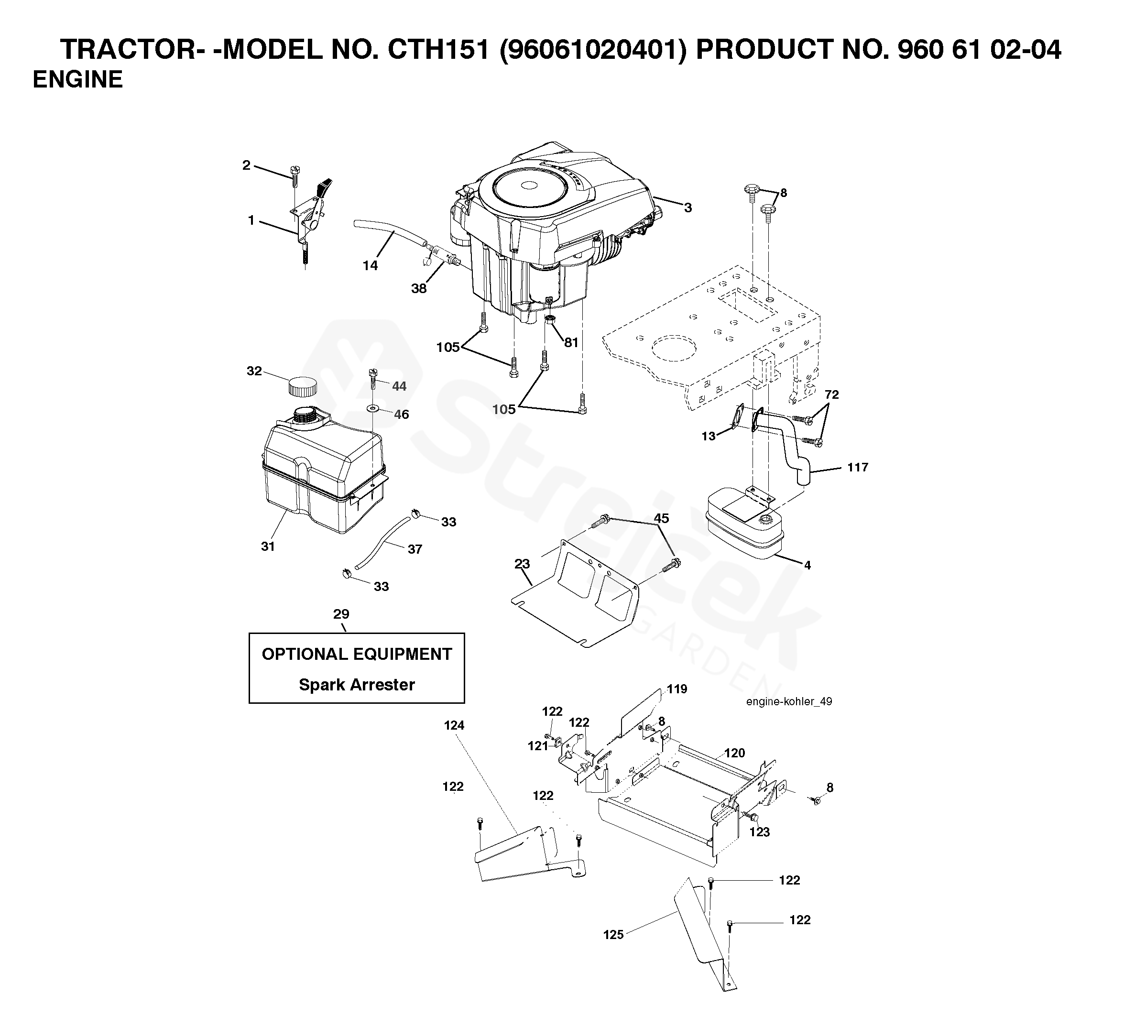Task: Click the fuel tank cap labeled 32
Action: pyautogui.click(x=302, y=386)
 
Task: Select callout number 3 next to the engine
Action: pyautogui.click(x=688, y=208)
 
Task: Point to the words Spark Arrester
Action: pyautogui.click(x=357, y=685)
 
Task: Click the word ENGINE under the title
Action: pyautogui.click(x=77, y=80)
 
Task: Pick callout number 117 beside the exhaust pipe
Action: pyautogui.click(x=858, y=467)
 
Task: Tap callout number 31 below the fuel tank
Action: pyautogui.click(x=268, y=546)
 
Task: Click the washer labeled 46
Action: pyautogui.click(x=372, y=409)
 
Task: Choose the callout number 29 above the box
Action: pyautogui.click(x=341, y=614)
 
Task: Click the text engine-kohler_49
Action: pyautogui.click(x=789, y=701)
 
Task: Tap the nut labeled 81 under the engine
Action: pyautogui.click(x=550, y=319)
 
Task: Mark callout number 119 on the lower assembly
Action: pyautogui.click(x=677, y=689)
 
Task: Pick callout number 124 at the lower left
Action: pyautogui.click(x=454, y=725)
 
